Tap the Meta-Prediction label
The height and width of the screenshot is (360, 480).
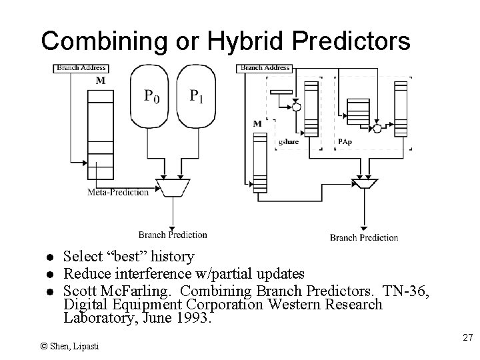coord(118,192)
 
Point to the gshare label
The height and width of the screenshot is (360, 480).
coord(288,141)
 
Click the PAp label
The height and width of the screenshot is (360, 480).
coord(345,141)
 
